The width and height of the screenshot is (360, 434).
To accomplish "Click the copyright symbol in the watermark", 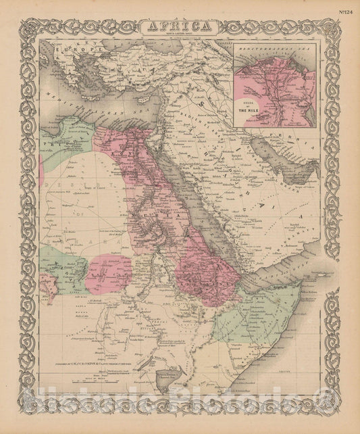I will (x=329, y=412).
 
